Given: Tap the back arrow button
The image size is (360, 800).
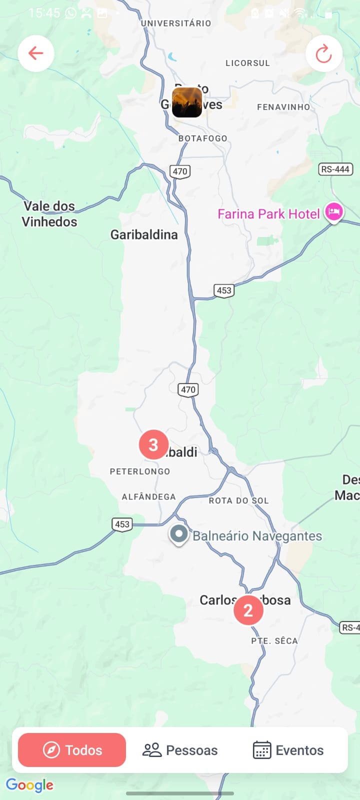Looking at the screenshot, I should coord(36,53).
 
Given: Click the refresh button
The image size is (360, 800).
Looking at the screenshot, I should coord(324,53).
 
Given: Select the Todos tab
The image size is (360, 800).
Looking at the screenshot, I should coord(72,750).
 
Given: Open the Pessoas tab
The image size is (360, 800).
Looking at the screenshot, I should coord(180,750).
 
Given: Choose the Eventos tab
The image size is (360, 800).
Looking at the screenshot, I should coord(288,750).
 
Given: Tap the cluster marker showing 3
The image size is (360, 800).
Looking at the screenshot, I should coord(153,444).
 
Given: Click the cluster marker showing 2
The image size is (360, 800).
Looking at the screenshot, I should coord(248,610).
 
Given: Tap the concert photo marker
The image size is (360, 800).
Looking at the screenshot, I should coord(187,102).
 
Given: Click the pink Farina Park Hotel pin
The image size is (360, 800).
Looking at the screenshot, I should coord(333,212).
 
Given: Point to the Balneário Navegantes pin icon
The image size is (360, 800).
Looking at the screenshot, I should coord(178,534).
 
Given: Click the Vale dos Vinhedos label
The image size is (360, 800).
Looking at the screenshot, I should coord(49,214).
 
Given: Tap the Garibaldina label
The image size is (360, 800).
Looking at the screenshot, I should coord(144,234).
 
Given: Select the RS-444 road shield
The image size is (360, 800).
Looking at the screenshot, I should coord(335,169).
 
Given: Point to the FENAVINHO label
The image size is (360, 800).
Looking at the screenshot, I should coord(283,107).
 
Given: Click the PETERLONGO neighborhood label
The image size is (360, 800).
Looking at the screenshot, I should coord(140,471).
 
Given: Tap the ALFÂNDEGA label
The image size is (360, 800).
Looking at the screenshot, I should coord(149,497).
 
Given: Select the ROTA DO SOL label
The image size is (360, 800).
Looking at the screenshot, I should coord(239,500).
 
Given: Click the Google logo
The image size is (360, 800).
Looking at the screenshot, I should coord(30,785).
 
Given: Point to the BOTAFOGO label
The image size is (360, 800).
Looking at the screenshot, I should coord(203,138).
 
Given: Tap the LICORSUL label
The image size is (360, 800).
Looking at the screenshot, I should coord(247,63).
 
